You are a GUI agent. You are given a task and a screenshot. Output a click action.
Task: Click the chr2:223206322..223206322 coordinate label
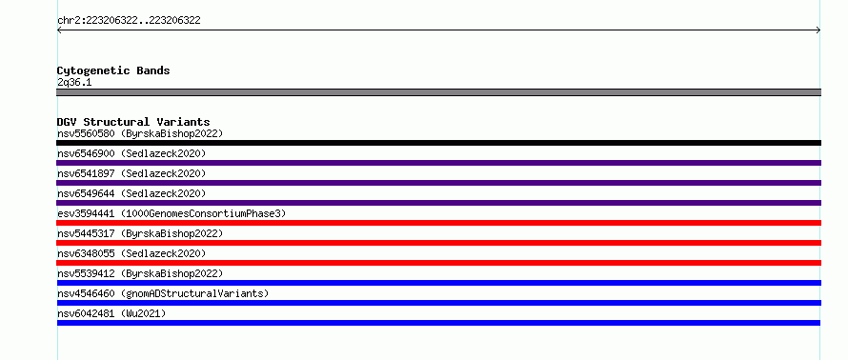click(x=129, y=21)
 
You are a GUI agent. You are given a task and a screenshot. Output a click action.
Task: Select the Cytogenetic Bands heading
click(x=113, y=70)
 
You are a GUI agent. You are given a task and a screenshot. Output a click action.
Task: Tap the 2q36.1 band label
click(x=74, y=82)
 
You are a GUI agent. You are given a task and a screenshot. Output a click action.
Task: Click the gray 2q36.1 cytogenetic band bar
click(x=438, y=92)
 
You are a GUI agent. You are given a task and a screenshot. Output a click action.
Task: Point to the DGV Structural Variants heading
click(x=133, y=122)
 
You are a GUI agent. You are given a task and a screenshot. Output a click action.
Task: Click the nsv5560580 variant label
click(x=86, y=133)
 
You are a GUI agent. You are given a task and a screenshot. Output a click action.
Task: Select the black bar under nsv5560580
click(x=438, y=143)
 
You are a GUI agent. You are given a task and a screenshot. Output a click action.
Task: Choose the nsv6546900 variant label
click(x=86, y=153)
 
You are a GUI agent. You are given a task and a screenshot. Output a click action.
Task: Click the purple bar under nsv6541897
click(x=438, y=183)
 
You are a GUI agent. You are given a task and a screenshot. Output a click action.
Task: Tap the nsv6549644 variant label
click(x=86, y=193)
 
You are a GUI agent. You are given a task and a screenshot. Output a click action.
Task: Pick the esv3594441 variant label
click(x=86, y=213)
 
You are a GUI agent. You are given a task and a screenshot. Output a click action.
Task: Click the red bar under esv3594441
click(x=438, y=223)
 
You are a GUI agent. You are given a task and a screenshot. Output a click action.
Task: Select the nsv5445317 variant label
click(x=86, y=233)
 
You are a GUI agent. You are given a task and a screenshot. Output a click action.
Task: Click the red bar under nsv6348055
click(x=438, y=263)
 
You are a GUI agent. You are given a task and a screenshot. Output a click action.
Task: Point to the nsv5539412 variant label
click(x=86, y=273)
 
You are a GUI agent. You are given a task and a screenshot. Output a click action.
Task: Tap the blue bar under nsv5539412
click(x=438, y=283)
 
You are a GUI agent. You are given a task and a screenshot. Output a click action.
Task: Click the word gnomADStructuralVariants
click(x=194, y=293)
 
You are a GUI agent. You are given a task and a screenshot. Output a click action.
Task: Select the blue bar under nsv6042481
click(x=438, y=323)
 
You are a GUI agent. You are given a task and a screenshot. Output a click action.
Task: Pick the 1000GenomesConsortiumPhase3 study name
click(x=203, y=213)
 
